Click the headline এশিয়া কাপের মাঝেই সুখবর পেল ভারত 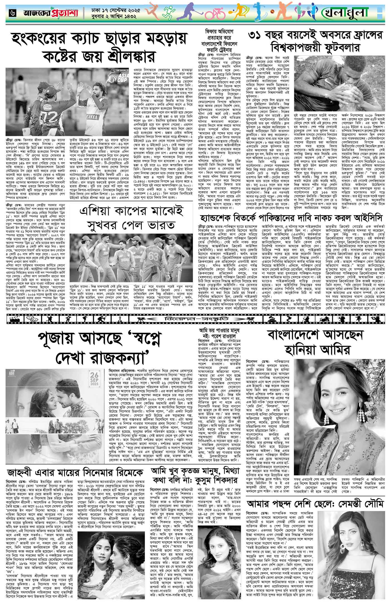(131, 220)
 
